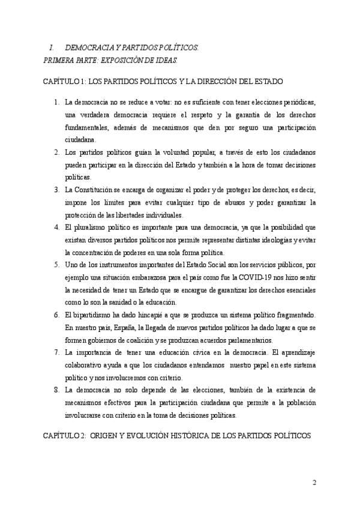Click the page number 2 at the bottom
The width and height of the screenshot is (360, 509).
click(x=314, y=483)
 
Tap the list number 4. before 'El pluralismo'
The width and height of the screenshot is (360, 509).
click(x=57, y=227)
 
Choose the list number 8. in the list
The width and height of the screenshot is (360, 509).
click(x=57, y=390)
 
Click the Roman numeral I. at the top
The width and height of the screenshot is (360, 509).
click(x=52, y=47)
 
